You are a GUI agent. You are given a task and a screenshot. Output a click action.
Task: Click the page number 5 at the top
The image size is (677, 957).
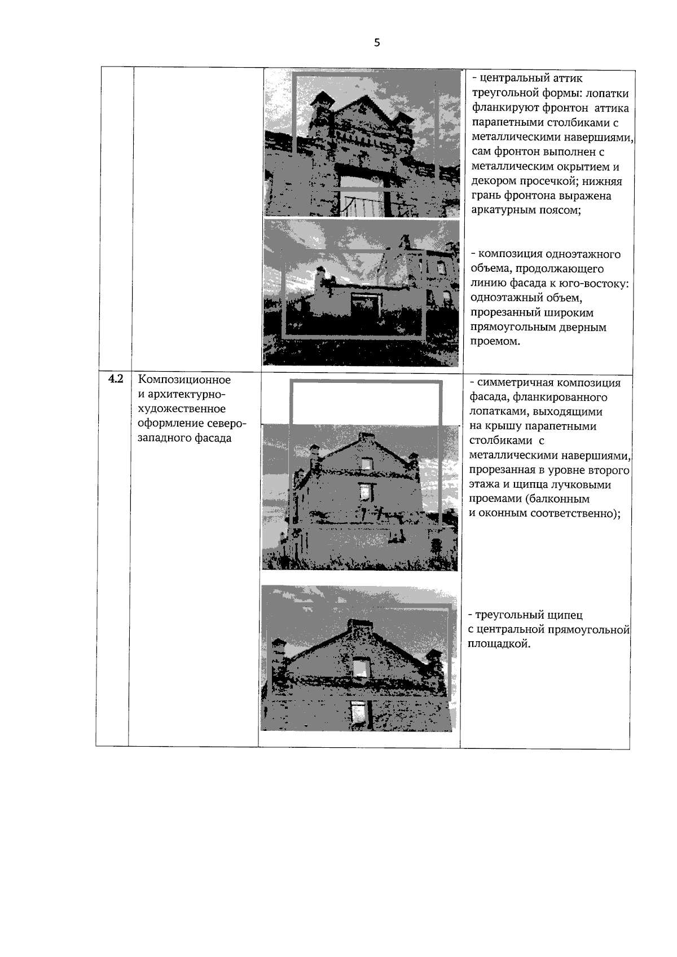[x=376, y=42]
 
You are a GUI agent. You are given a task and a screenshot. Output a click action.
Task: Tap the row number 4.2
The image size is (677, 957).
[x=116, y=378]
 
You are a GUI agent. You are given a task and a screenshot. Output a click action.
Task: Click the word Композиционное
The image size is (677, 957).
[x=184, y=380]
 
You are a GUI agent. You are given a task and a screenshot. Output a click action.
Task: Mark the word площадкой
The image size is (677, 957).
[x=499, y=644]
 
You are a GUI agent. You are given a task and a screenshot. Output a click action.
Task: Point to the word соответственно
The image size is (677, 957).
[x=575, y=513]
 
